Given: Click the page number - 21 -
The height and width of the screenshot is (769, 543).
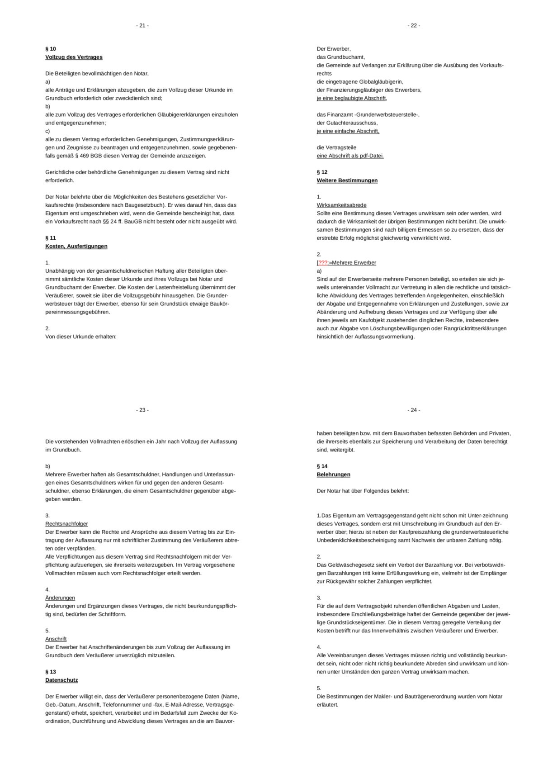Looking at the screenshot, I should click(142, 26).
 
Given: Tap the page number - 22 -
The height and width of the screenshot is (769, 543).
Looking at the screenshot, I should click(413, 26).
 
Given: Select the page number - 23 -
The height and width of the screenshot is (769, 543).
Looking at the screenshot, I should click(142, 410).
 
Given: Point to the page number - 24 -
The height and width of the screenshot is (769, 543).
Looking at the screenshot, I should click(413, 410).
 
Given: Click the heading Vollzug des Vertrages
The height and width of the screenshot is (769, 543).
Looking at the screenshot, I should click(74, 57).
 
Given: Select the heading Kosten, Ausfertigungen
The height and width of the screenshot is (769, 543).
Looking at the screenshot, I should click(76, 247).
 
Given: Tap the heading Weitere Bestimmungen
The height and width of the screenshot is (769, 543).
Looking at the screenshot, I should click(347, 180).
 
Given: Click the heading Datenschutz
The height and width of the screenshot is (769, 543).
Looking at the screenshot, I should click(61, 680).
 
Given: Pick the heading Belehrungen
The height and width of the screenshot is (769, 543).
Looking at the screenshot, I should click(333, 475).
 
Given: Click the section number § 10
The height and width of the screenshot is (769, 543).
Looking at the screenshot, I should click(51, 49).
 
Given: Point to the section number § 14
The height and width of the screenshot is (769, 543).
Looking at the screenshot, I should click(322, 466).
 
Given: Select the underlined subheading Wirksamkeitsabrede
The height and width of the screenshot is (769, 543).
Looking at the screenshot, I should click(341, 205).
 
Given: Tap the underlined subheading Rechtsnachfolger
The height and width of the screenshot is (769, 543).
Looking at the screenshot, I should click(66, 524).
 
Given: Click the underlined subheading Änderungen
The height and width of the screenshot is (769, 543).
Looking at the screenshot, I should click(60, 598).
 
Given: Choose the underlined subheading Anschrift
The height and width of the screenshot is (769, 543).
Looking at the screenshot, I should click(56, 639).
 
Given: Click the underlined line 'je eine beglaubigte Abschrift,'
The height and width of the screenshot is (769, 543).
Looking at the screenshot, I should click(351, 98).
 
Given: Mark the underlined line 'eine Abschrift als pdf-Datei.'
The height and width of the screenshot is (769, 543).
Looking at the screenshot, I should click(350, 156).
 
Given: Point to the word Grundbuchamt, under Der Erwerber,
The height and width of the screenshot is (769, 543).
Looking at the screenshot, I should click(346, 57).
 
